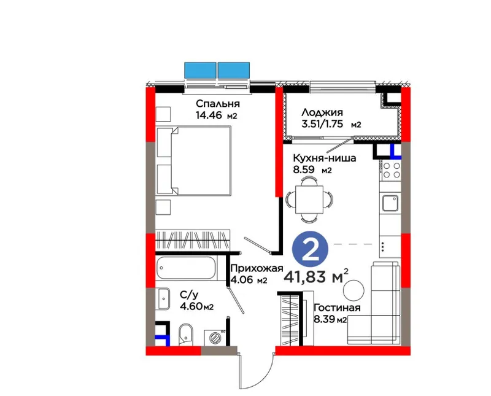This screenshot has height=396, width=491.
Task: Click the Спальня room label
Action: (218, 103)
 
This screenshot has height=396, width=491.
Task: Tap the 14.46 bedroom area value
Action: (209, 115)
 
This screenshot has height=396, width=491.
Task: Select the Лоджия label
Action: (322, 112)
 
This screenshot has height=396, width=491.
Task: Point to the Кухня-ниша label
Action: (325, 158)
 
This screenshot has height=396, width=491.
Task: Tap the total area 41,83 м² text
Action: (316, 276)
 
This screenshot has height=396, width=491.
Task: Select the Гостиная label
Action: (337, 308)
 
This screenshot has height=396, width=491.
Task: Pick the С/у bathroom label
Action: (188, 295)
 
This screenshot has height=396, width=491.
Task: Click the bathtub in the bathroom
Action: (186, 268)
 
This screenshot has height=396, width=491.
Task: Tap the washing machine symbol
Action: (215, 338)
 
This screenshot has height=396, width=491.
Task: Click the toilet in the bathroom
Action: (185, 335)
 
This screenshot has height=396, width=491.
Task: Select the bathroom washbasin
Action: (163, 299)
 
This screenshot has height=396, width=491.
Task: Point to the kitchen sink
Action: (390, 203)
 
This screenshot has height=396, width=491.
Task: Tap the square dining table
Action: (309, 200)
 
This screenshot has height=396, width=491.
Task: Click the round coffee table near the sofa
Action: (354, 290)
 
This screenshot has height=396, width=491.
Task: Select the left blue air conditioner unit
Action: (200, 71)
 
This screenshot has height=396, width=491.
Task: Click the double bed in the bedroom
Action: (193, 160)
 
